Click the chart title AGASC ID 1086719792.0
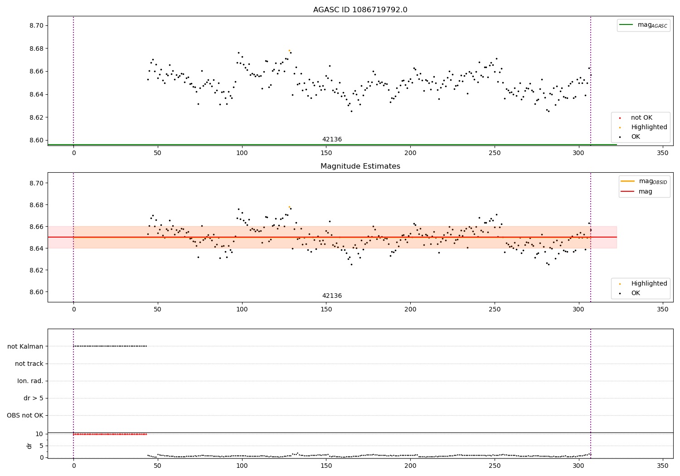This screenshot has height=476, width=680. click(360, 10)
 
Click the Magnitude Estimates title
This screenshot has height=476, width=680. click(360, 166)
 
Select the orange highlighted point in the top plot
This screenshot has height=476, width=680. click(289, 50)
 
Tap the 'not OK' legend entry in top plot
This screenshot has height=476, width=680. click(641, 118)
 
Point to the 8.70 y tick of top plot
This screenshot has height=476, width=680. click(36, 25)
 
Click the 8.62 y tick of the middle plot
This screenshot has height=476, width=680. click(36, 270)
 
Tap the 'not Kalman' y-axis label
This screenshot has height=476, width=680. click(25, 346)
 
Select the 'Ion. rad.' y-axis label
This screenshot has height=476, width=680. click(30, 381)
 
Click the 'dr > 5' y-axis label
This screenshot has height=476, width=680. click(34, 398)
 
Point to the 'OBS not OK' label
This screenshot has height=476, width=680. click(25, 415)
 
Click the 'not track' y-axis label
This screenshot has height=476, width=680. click(29, 364)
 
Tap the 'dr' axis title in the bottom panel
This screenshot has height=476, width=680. click(29, 446)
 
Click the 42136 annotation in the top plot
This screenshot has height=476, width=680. click(332, 140)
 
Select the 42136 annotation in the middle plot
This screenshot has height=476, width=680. click(332, 296)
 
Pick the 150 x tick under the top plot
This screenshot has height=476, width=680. click(326, 153)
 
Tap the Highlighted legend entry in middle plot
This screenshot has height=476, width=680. click(649, 284)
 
